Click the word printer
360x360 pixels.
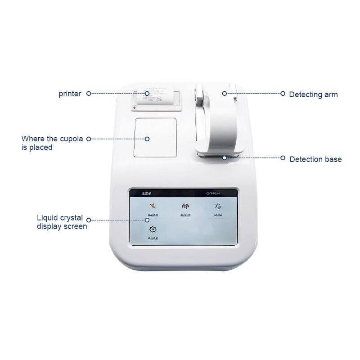click(70, 94)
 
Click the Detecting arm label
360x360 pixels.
click(313, 94)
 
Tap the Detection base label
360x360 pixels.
click(315, 159)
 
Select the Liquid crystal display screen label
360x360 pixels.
click(62, 222)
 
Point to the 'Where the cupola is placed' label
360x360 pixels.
click(52, 143)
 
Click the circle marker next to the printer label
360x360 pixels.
click(89, 94)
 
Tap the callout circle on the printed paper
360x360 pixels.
click(147, 94)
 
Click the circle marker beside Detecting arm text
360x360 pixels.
click(283, 94)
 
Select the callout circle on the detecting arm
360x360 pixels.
click(224, 94)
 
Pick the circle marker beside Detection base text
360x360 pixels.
click(283, 158)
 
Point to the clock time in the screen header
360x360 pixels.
click(214, 193)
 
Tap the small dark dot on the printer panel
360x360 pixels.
click(135, 108)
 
